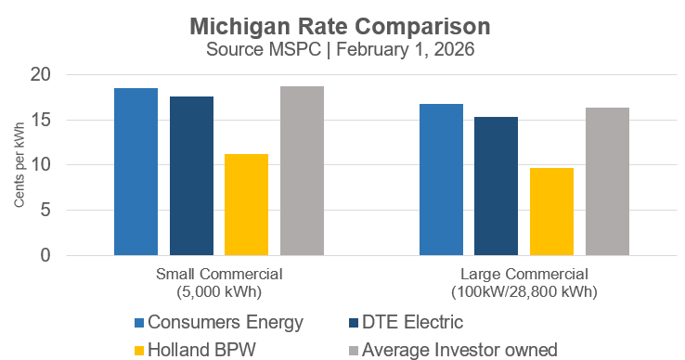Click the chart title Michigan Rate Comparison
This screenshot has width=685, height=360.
342,22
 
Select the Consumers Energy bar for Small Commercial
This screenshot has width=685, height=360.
136,172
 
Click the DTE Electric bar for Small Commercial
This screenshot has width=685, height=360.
191,175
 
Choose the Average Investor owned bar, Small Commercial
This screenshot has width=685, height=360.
302,171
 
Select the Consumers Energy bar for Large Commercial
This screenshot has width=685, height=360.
441,179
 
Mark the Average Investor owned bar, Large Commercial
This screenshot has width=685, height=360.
607,181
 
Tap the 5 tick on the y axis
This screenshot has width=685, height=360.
73,211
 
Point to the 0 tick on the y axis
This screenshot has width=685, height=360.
73,255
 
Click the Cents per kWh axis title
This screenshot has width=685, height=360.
19,165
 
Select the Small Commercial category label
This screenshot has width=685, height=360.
219,283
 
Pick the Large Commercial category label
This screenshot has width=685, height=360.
524,283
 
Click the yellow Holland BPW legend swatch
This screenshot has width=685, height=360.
140,349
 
